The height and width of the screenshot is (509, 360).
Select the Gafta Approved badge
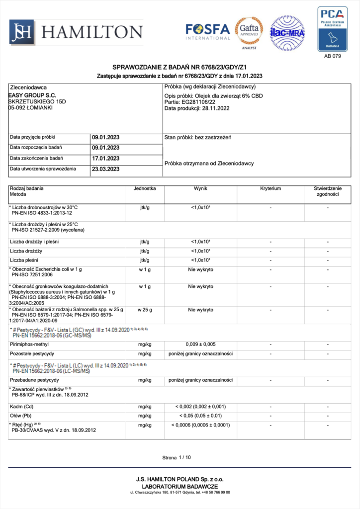[249, 33]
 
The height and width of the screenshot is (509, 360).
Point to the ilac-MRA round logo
[287, 33]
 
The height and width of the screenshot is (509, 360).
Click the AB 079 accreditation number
[332, 57]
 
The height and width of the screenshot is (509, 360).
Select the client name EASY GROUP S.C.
[32, 95]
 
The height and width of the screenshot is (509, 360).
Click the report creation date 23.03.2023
[105, 169]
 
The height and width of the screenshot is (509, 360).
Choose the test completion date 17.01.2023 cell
[105, 159]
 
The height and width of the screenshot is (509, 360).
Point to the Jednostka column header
[145, 189]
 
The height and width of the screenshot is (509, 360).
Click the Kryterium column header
[270, 189]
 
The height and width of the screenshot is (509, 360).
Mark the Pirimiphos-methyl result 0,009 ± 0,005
[200, 344]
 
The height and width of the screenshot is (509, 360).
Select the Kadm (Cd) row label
[21, 407]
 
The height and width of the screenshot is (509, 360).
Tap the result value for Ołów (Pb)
[200, 416]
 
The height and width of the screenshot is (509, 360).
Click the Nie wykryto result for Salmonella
[200, 310]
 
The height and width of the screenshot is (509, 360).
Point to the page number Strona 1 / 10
[177, 457]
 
